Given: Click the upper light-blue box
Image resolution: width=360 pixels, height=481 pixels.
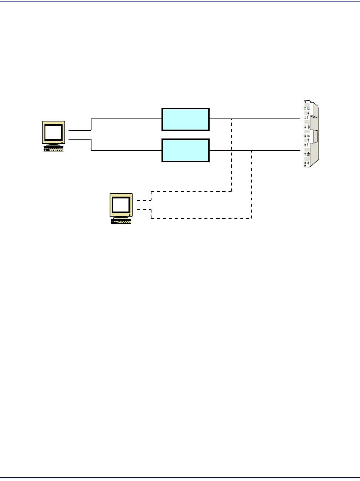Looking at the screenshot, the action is coord(186,119).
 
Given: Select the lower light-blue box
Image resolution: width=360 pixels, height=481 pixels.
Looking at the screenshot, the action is coord(186,150).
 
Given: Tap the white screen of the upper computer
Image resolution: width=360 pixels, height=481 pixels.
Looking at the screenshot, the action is coord(53,131).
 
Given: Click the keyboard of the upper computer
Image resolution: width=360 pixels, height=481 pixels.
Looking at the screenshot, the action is coord(53,149).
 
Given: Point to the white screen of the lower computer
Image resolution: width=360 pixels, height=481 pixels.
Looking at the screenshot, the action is coord(121,204).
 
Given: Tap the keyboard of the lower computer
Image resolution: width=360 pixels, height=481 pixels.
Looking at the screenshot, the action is coord(121,221).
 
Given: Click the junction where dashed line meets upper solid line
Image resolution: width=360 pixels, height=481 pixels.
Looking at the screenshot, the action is coord(231,119).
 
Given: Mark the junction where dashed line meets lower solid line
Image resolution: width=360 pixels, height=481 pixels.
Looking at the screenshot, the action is coord(251,150).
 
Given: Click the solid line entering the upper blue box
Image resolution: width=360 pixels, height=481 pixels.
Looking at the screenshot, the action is coord(126,119).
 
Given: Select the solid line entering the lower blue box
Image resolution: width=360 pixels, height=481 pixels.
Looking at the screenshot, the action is coord(126,150).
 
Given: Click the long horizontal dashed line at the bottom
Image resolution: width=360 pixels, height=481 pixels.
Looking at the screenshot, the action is coord(200,218).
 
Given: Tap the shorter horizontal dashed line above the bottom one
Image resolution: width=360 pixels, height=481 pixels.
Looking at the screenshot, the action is coord(191,191).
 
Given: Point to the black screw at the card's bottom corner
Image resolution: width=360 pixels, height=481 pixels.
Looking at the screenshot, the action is coord(305,166).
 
